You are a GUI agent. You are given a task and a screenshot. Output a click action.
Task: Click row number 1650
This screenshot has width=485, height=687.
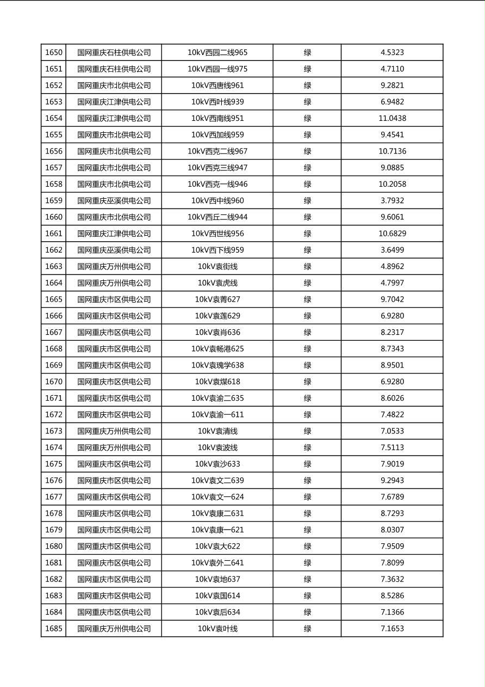54,53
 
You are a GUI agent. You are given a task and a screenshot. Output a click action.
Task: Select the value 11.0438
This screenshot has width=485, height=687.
392,118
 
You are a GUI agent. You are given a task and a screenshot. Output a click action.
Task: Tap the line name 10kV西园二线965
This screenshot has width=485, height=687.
217,53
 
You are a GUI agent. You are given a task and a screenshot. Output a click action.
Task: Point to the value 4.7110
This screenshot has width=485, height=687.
392,69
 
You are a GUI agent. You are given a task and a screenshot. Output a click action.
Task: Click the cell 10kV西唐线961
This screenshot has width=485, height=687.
217,85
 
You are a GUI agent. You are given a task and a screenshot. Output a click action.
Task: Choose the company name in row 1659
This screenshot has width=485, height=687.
114,200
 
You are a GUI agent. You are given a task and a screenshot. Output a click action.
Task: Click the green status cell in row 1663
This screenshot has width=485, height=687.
307,266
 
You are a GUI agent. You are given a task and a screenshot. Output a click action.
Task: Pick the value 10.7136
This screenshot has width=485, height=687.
392,151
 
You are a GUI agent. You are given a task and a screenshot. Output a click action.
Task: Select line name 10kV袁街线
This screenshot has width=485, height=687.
217,266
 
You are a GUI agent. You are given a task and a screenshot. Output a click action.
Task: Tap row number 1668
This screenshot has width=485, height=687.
54,348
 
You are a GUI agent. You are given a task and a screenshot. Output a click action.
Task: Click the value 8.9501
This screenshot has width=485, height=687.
392,365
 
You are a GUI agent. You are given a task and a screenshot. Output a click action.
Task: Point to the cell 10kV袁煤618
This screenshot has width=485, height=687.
217,382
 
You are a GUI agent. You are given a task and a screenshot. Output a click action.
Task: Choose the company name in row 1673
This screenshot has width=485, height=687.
114,431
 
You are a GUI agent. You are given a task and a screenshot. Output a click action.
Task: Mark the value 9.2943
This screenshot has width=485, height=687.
392,480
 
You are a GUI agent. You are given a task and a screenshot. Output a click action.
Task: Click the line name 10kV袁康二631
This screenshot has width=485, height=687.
217,513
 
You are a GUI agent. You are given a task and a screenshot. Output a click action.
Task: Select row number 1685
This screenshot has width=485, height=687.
54,628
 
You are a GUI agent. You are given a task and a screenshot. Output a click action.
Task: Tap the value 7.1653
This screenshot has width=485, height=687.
392,628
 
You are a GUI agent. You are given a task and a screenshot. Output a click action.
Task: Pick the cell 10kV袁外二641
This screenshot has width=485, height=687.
217,562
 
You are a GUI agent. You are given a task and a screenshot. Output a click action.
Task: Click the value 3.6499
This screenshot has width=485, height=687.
392,250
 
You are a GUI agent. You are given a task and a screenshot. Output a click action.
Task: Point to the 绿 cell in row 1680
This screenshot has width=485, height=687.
307,546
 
